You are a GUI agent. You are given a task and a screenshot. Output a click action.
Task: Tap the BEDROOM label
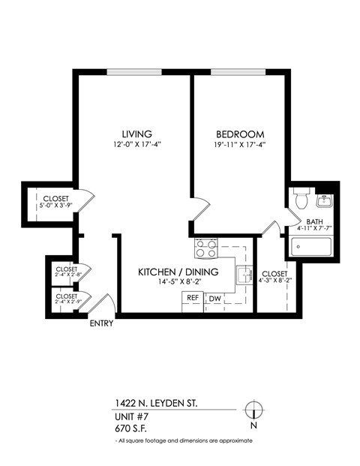pyautogui.click(x=233, y=133)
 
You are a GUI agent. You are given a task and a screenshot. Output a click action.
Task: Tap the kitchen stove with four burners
pyautogui.click(x=205, y=248)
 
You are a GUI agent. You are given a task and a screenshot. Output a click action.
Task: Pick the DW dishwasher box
pyautogui.click(x=214, y=299)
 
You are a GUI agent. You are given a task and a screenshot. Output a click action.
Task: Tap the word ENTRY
pyautogui.click(x=101, y=324)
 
